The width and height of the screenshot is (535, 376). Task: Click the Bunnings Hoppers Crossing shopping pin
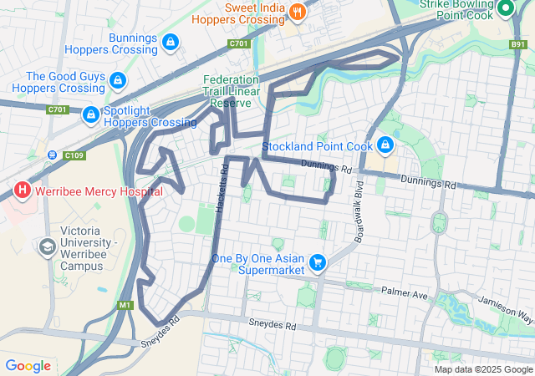170,41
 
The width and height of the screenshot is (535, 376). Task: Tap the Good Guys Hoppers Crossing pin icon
118,81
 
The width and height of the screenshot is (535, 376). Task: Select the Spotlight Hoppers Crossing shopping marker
90,114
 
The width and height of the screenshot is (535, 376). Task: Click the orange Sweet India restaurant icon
297,12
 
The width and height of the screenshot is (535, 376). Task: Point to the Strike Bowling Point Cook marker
505,10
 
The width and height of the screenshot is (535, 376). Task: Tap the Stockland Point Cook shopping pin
385,145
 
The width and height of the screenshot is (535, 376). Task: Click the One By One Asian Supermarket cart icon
317,264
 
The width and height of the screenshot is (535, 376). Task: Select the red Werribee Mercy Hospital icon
23,191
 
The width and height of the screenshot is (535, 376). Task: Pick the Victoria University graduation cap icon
47,247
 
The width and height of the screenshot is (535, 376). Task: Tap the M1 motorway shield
125,305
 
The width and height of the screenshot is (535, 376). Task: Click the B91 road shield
518,43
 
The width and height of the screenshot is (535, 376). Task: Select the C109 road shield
74,155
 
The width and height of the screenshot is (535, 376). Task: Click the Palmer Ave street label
404,294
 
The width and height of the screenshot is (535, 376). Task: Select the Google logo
28,366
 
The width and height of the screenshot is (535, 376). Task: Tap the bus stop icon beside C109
53,155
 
